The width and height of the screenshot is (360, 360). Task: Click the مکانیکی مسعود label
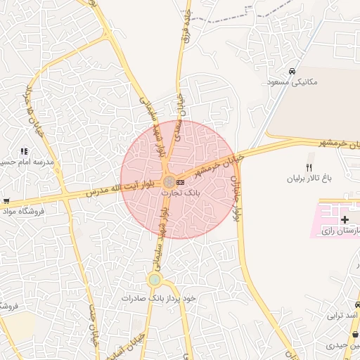pyautogui.click(x=292, y=82)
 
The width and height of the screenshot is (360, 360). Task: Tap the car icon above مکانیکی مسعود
pyautogui.click(x=291, y=71)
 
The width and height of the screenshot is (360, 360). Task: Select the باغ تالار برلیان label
pyautogui.click(x=308, y=179)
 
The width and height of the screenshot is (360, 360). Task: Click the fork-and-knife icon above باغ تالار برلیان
pyautogui.click(x=308, y=167)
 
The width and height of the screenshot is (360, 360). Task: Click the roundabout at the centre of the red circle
pyautogui.click(x=169, y=182)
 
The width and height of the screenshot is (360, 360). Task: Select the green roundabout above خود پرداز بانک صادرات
pyautogui.click(x=155, y=280)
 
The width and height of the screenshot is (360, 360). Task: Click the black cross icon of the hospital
pyautogui.click(x=345, y=220)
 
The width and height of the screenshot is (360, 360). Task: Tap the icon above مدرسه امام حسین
pyautogui.click(x=24, y=150)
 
